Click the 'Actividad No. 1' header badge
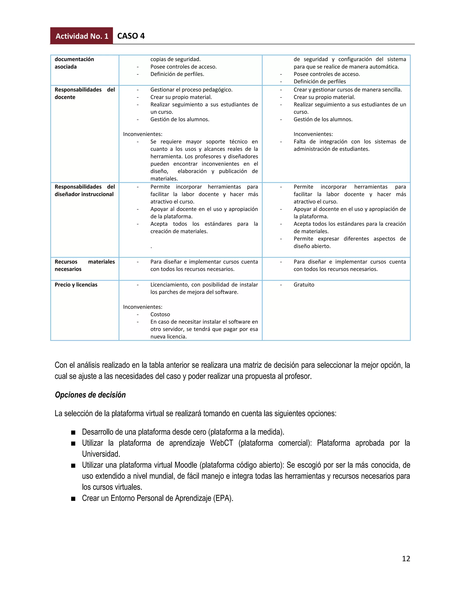pos(82,36)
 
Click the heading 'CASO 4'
pos(131,36)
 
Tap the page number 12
pos(406,558)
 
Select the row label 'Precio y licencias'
pos(76,285)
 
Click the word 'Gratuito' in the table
pos(304,285)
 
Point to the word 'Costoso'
pos(160,314)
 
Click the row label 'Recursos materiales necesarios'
pos(84,265)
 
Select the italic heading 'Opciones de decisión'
pos(90,395)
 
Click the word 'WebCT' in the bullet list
pos(221,443)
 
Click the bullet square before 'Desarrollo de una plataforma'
pos(73,432)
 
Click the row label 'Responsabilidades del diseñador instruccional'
pos(84,191)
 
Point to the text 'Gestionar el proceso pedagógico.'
pos(191,90)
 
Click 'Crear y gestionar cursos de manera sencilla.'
pos(348,90)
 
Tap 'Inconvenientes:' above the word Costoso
pos(142,307)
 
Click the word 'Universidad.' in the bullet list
pos(101,454)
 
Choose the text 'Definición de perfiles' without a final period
pos(319,81)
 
